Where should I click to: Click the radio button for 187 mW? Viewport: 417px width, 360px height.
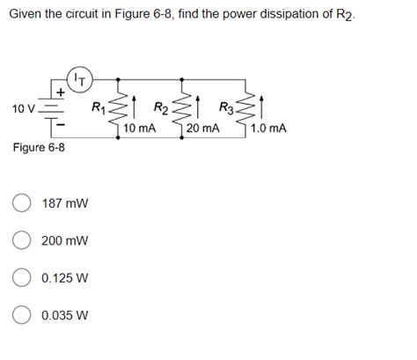coord(22,203)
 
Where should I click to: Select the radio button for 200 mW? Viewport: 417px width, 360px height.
coord(22,240)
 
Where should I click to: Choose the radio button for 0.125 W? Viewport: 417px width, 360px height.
coord(22,277)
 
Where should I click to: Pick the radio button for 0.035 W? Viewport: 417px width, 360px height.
coord(22,314)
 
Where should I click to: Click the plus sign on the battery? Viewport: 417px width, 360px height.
coord(61,92)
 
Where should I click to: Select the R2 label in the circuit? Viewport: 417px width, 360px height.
coord(163,108)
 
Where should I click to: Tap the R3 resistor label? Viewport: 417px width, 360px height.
coord(226,108)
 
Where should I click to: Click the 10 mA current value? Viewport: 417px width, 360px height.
coord(141,129)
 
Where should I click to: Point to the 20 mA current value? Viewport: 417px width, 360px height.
coord(203,129)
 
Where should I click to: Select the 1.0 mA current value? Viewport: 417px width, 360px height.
coord(268,129)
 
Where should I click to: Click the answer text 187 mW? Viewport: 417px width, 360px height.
coord(64,203)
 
